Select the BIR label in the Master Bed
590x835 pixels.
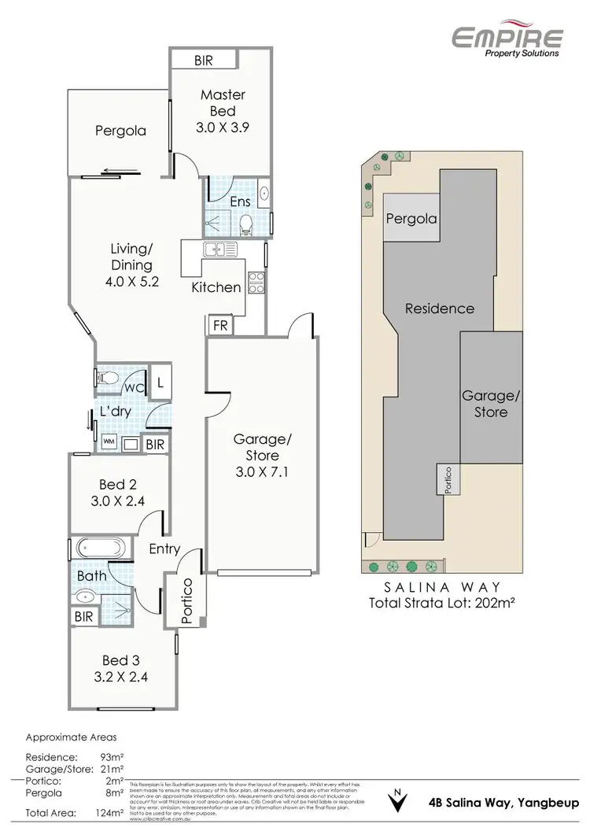click(x=205, y=60)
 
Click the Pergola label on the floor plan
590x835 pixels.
click(x=120, y=131)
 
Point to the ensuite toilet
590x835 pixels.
click(x=245, y=224)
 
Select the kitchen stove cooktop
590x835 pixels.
click(x=256, y=281)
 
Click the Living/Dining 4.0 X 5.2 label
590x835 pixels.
click(x=131, y=264)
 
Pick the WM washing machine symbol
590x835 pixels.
click(x=108, y=443)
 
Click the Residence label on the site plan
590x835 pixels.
click(x=439, y=309)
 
